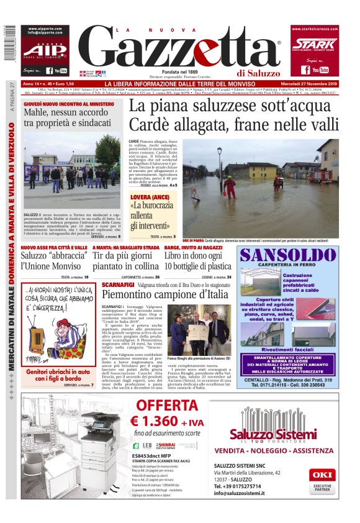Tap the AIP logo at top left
pos(44,50)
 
